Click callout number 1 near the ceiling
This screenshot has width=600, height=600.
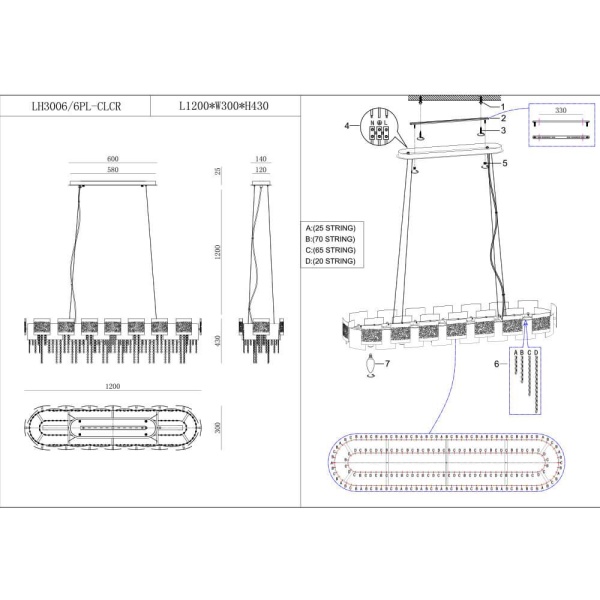504,107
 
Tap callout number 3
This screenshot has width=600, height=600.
504,130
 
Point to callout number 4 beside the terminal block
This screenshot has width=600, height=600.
347,126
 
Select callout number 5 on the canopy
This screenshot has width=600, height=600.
506,162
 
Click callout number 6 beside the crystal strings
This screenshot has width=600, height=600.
496,366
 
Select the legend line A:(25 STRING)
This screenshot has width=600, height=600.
332,228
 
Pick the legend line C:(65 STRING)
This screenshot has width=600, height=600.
332,250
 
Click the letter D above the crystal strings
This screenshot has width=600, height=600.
538,355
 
